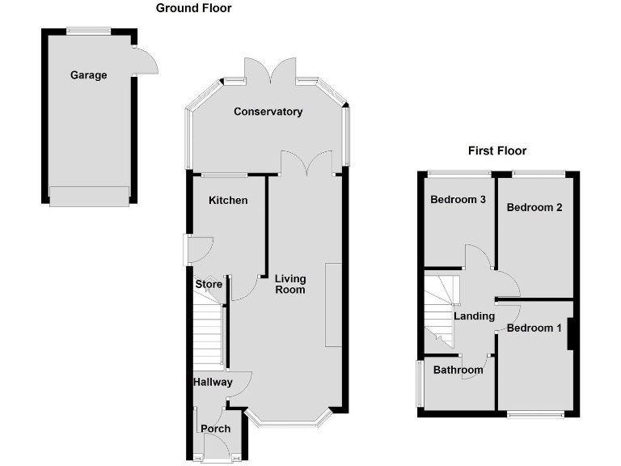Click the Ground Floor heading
193,8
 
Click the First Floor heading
497,150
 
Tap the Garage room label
88,75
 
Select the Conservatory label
268,112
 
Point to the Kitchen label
228,200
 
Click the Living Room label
290,284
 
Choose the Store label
208,285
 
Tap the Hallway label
213,383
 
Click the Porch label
216,429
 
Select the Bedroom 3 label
457,200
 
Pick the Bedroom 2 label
534,207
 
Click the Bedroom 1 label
534,328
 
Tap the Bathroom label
458,371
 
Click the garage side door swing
146,61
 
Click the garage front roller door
89,197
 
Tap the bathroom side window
420,383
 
